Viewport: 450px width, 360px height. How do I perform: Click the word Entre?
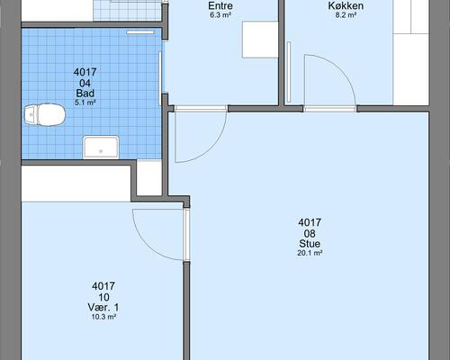click(220, 5)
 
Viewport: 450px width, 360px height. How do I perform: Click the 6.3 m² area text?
click(220, 15)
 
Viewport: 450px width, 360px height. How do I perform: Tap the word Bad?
click(85, 93)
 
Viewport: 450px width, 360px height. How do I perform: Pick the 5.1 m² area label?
click(85, 103)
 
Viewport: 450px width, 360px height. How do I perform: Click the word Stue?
click(310, 243)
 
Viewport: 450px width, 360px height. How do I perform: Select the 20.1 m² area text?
click(310, 253)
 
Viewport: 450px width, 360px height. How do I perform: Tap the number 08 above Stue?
click(310, 233)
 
